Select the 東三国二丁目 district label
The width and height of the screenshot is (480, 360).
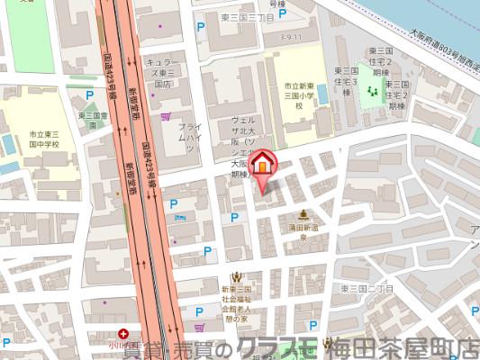click(367, 288)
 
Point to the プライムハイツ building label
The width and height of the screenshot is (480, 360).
click(187, 137)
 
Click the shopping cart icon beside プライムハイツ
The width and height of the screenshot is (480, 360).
click(165, 116)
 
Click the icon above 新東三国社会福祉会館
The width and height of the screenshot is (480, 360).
click(236, 276)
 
